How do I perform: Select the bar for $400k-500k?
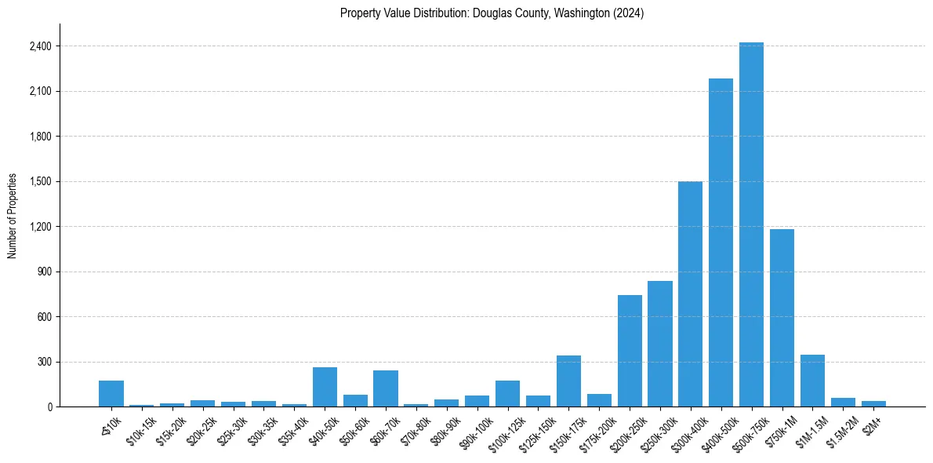pyautogui.click(x=721, y=242)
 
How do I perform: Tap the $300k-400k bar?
pyautogui.click(x=690, y=294)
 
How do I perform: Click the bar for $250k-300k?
pyautogui.click(x=659, y=344)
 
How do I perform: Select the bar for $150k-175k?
pyautogui.click(x=568, y=381)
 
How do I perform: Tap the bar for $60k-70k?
pyautogui.click(x=386, y=388)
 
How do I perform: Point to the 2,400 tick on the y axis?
pyautogui.click(x=40, y=46)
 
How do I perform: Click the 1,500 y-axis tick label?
pyautogui.click(x=40, y=181)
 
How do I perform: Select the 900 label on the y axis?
pyautogui.click(x=44, y=272)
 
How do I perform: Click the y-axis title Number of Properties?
pyautogui.click(x=13, y=215)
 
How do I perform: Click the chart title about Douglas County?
pyautogui.click(x=492, y=13)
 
